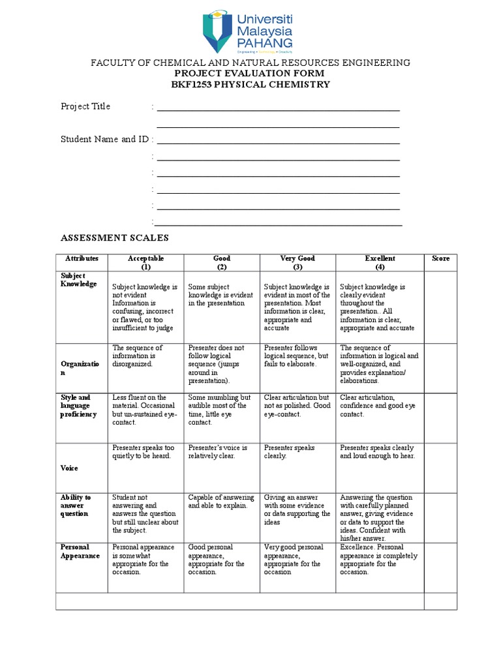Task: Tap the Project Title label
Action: [x=85, y=106]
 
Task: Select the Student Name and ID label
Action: [x=104, y=139]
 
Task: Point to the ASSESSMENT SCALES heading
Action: [x=115, y=239]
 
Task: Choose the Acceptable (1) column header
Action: [x=145, y=263]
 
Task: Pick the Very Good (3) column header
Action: [x=297, y=263]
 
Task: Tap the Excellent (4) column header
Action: [x=380, y=263]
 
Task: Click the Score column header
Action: [x=440, y=259]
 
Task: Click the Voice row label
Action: [x=69, y=468]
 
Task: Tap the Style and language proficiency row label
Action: [x=78, y=406]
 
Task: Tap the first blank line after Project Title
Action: [x=278, y=110]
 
